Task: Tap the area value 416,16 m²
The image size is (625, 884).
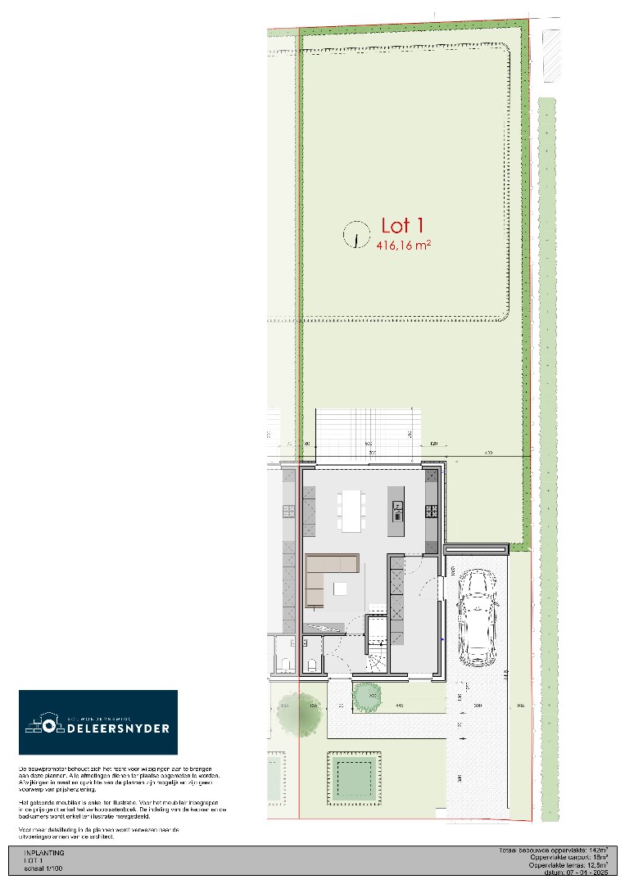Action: tap(404, 245)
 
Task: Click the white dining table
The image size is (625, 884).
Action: tap(353, 508)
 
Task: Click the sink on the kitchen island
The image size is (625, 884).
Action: tap(397, 511)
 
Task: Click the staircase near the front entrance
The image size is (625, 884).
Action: tap(377, 647)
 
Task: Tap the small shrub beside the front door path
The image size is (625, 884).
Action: tap(367, 697)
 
